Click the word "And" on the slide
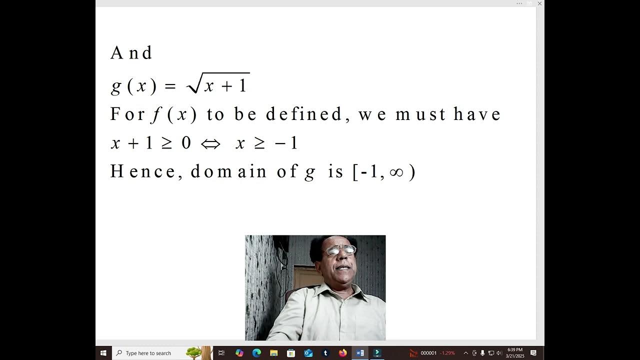pos(131,53)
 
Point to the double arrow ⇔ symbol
pos(210,144)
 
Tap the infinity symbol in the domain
pos(396,172)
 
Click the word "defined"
pos(303,114)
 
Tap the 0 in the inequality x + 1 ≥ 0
pos(186,144)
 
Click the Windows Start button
pos(103,353)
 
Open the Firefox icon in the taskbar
pos(342,353)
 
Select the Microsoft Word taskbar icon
pos(359,353)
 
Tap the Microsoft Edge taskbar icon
pos(256,353)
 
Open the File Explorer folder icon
pos(274,353)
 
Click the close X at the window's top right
pos(539,3)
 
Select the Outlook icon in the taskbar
pos(308,353)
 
